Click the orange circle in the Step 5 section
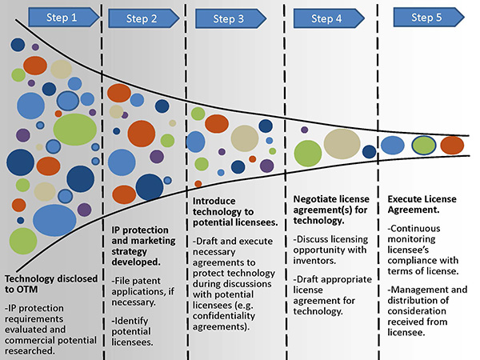pyautogui.click(x=452, y=145)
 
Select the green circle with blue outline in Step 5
pyautogui.click(x=422, y=145)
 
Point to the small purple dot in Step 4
pyautogui.click(x=304, y=130)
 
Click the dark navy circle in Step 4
pyautogui.click(x=369, y=151)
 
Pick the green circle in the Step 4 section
pyautogui.click(x=309, y=152)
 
